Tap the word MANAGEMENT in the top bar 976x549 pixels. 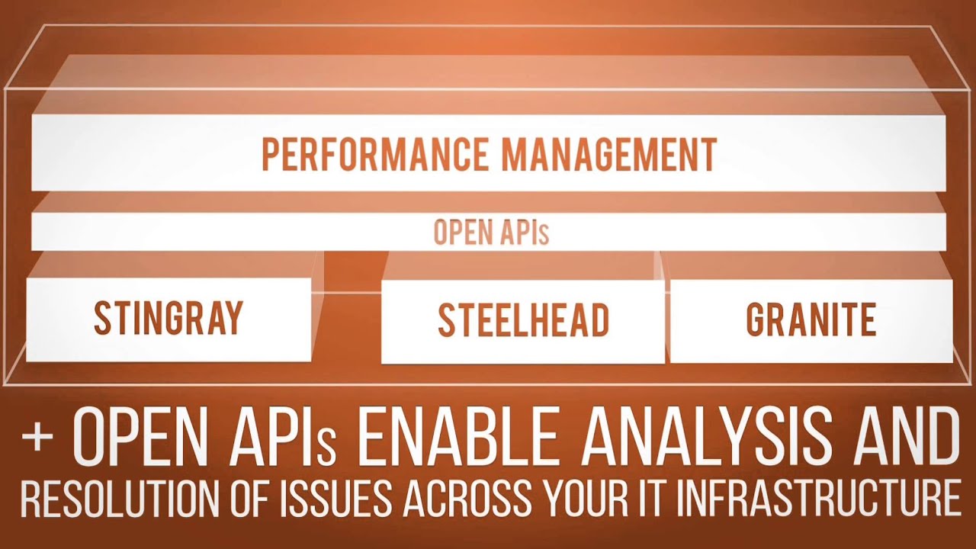pyautogui.click(x=609, y=154)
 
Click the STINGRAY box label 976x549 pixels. pyautogui.click(x=169, y=318)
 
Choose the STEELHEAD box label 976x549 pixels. pyautogui.click(x=523, y=320)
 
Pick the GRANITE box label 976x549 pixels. pyautogui.click(x=811, y=319)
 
